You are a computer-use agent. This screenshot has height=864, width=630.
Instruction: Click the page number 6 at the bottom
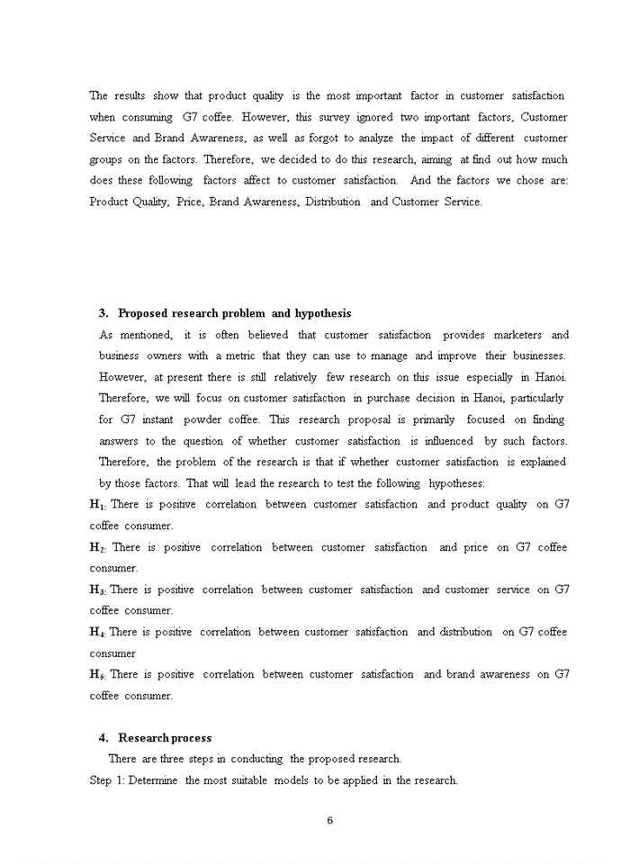pos(330,820)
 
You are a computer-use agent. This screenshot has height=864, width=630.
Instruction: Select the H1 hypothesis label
pos(98,505)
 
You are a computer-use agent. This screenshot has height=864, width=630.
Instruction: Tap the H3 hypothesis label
pos(98,590)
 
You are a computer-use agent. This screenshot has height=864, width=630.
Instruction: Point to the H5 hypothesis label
pos(98,675)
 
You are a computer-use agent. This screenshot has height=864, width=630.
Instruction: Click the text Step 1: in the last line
pos(107,780)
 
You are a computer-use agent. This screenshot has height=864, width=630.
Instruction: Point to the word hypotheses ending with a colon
pos(456,483)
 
